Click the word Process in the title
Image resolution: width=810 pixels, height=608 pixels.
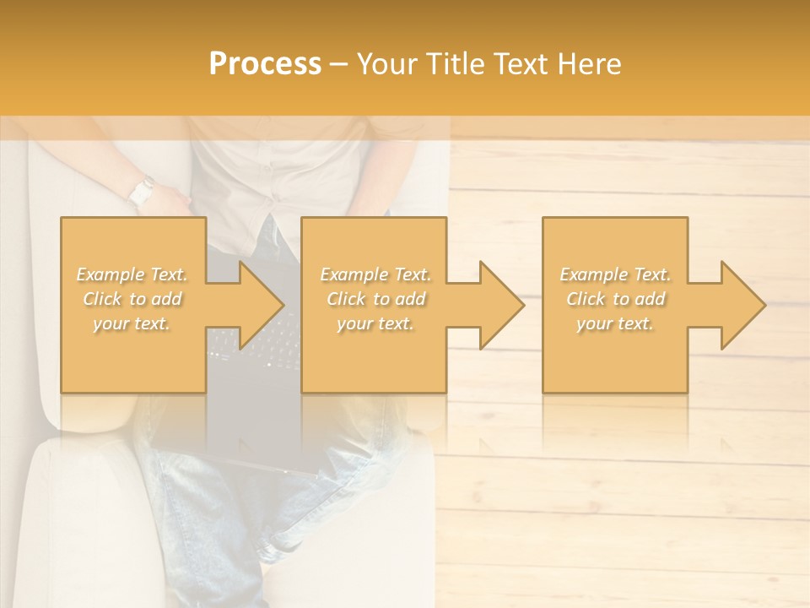tap(265, 64)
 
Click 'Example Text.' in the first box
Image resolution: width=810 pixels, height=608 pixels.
tap(132, 274)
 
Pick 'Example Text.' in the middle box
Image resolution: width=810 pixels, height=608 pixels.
tap(375, 274)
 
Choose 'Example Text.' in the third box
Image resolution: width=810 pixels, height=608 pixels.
tap(615, 274)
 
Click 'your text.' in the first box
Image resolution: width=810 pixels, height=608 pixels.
tap(132, 323)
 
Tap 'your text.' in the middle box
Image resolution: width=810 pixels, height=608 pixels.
tap(375, 323)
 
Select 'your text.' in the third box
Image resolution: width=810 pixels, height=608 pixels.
tap(615, 323)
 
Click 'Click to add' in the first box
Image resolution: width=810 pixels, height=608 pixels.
tap(132, 299)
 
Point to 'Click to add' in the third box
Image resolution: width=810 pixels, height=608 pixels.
tap(615, 299)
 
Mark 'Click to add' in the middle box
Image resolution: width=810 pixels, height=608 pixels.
tap(375, 299)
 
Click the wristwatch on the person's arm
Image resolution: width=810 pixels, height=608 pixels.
tap(142, 192)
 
